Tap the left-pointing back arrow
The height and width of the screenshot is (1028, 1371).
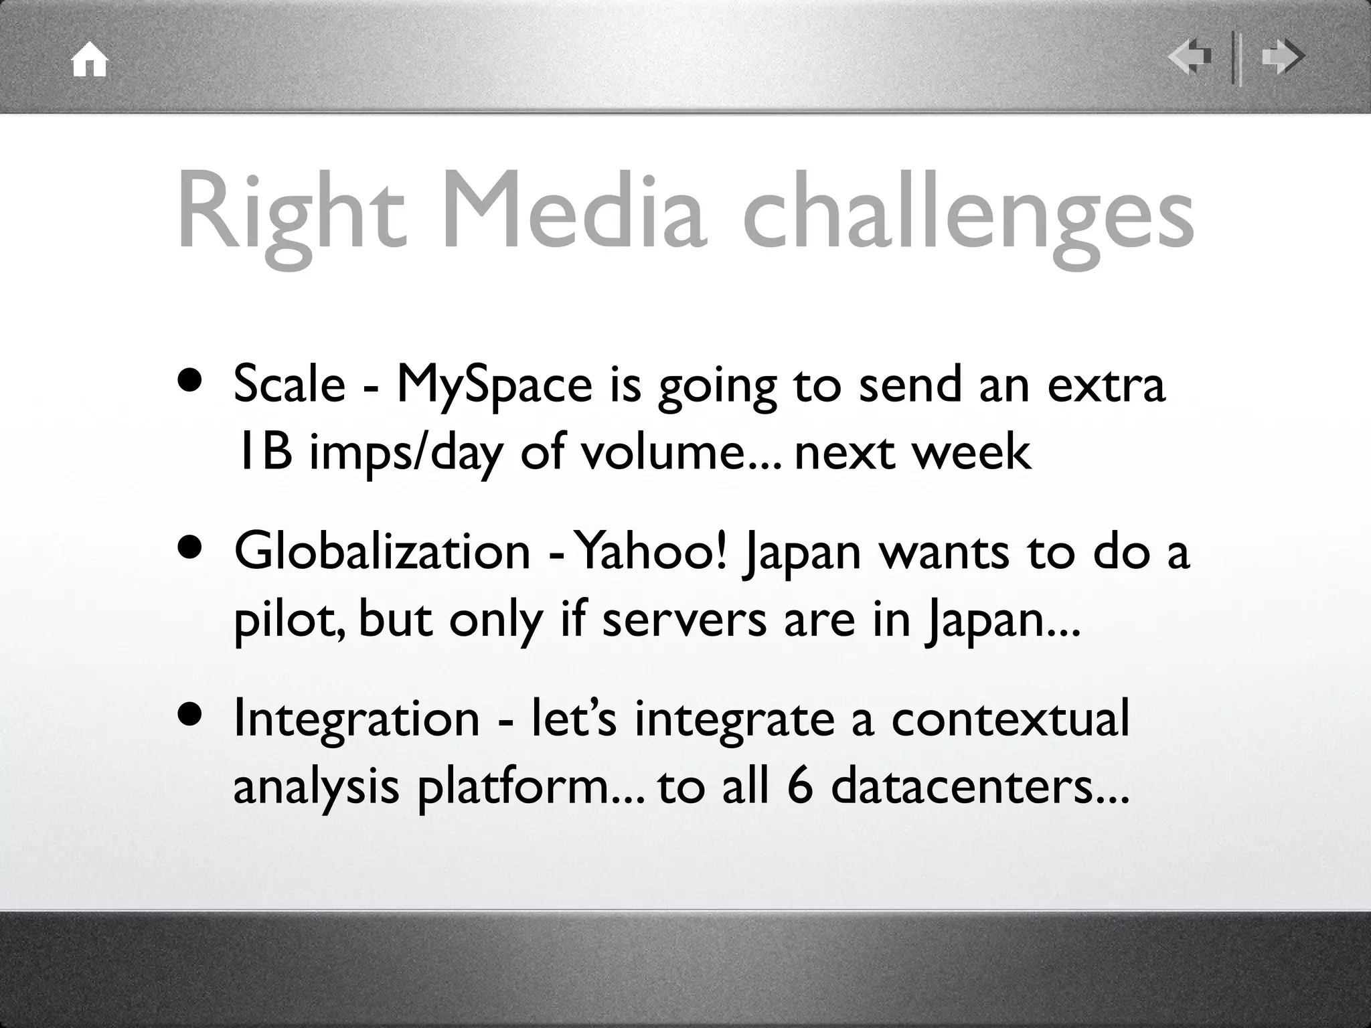(1190, 58)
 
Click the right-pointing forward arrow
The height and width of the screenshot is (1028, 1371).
(1282, 58)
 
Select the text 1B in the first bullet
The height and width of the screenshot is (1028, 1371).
(264, 452)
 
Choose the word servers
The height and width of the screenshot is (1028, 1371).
(683, 620)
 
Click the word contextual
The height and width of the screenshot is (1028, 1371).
(1010, 719)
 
